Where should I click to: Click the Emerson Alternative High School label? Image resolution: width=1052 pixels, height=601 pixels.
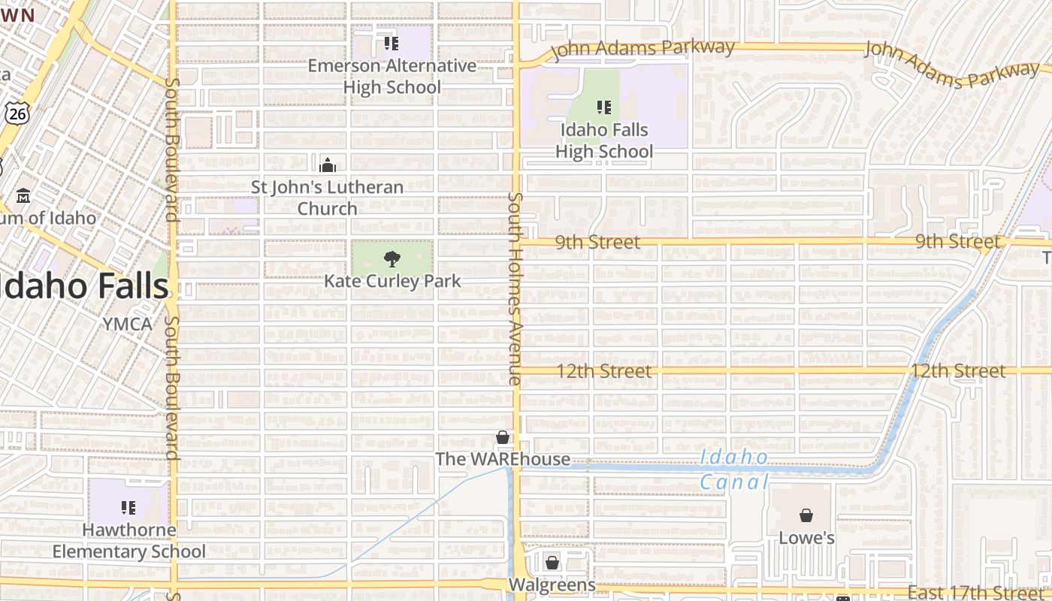(x=391, y=77)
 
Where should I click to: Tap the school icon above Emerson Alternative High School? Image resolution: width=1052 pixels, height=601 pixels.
(x=391, y=44)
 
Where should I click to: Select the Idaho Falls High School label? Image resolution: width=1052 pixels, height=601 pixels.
(x=604, y=140)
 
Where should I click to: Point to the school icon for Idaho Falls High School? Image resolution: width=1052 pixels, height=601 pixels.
(x=604, y=107)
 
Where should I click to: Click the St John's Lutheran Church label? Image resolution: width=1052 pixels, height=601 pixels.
(x=327, y=198)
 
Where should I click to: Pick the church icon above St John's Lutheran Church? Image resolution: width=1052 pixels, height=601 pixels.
(x=328, y=165)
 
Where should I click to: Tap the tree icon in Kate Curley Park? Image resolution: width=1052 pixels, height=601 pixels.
(x=391, y=259)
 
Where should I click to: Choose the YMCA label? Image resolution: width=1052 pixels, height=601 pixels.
(x=128, y=325)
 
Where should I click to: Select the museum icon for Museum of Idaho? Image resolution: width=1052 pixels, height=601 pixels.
(x=23, y=195)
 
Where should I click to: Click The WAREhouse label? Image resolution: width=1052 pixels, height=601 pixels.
(x=503, y=459)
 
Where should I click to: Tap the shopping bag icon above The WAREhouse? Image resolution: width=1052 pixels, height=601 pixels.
(x=503, y=437)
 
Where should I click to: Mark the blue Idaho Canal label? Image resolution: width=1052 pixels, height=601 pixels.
(x=733, y=469)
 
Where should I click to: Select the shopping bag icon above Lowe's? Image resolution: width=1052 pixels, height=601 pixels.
(x=806, y=515)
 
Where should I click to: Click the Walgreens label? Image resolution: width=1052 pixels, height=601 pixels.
(x=552, y=584)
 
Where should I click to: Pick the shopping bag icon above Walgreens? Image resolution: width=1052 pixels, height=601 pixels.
(x=552, y=563)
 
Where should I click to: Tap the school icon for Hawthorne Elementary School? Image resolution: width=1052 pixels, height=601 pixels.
(x=128, y=508)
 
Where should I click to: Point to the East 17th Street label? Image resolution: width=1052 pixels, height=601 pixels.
(x=976, y=593)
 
